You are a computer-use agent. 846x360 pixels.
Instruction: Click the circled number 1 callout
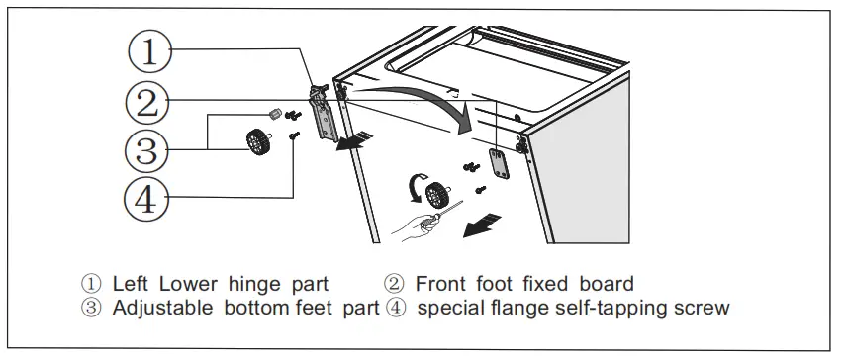pos(149,51)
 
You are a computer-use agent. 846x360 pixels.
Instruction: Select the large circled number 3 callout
pos(146,149)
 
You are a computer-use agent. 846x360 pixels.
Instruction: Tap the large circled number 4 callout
pos(146,199)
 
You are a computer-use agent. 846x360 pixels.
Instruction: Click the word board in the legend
pos(607,284)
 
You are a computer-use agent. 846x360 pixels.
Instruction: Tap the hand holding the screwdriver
pos(415,225)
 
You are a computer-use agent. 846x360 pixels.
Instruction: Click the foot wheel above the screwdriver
pos(437,195)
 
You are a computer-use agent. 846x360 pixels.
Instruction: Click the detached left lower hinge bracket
pos(324,113)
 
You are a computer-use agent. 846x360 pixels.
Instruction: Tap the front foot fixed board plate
pos(499,164)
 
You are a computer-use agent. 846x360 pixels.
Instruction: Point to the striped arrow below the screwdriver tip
pos(482,225)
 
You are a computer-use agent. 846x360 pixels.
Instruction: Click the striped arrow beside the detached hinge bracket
pos(354,141)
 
